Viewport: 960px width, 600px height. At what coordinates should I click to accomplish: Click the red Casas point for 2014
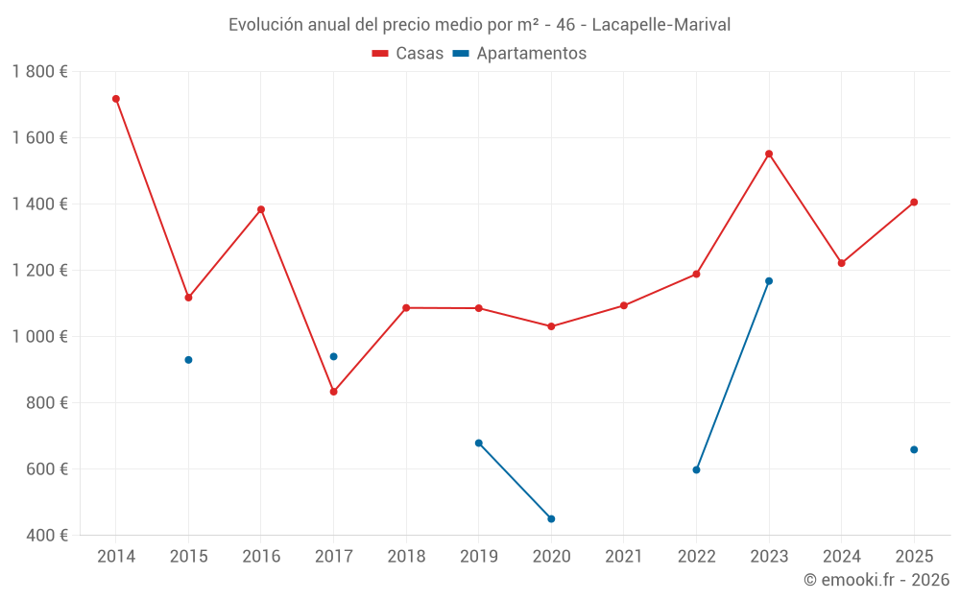(116, 99)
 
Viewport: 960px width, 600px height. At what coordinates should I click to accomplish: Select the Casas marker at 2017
(333, 392)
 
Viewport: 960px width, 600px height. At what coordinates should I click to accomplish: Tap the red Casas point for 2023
(769, 154)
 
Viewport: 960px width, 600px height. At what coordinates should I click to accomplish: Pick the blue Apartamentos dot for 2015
(188, 360)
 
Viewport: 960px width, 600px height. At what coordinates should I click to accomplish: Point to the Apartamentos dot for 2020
(551, 519)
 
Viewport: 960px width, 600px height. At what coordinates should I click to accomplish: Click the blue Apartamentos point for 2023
(769, 281)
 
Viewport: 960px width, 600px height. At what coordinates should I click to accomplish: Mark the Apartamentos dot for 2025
(914, 449)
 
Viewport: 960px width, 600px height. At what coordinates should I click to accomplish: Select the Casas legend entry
(408, 54)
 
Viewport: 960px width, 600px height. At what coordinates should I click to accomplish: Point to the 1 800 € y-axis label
(39, 72)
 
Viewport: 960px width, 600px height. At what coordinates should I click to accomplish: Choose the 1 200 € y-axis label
(39, 271)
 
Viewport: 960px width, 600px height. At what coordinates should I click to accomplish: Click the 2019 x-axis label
(478, 557)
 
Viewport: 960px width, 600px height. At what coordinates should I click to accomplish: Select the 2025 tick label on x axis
(914, 557)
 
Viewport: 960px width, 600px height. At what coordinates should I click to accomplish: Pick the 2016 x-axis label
(261, 557)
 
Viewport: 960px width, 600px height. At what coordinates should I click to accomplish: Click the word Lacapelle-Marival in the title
(661, 25)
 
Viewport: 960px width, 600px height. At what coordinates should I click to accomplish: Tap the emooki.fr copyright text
(876, 580)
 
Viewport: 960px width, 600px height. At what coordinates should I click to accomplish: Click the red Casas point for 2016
(261, 209)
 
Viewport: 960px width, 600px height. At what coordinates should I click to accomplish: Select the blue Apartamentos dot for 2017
(333, 356)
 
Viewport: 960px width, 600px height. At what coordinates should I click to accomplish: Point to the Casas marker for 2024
(842, 263)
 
